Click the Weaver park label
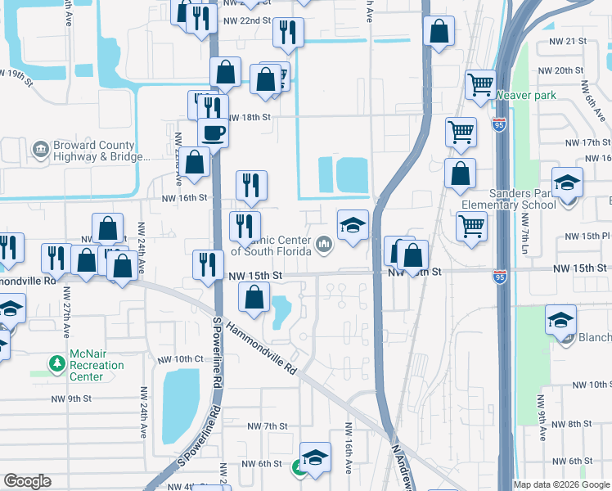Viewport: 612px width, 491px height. click(x=525, y=96)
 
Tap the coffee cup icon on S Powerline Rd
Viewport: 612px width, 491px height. click(x=213, y=132)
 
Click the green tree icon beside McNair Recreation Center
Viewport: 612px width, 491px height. click(x=56, y=362)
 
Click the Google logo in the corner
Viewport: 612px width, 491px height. click(x=27, y=481)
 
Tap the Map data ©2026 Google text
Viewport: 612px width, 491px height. click(x=562, y=484)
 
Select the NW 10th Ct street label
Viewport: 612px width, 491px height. click(x=176, y=358)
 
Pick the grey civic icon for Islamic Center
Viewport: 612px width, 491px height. click(x=324, y=243)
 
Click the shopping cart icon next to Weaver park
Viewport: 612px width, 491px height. click(x=480, y=83)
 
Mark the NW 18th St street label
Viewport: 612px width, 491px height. click(x=249, y=117)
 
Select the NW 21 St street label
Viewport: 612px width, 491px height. click(x=571, y=40)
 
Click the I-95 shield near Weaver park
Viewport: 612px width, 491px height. click(x=499, y=125)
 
